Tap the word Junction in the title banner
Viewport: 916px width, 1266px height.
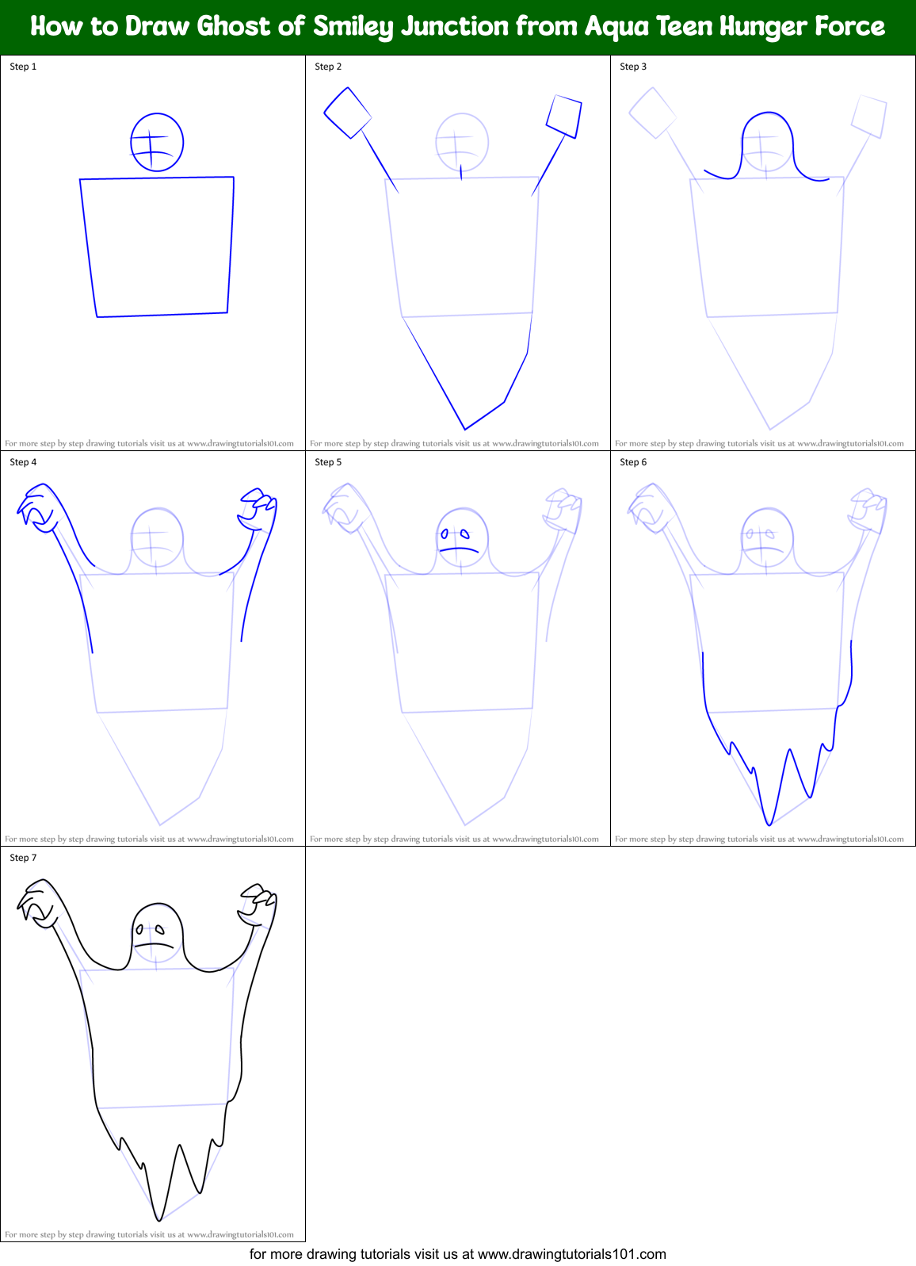tap(455, 27)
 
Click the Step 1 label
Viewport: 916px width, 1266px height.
tap(23, 67)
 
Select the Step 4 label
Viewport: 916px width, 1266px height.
tap(23, 462)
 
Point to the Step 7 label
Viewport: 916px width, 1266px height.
tap(23, 858)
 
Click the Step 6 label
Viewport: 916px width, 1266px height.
tap(633, 462)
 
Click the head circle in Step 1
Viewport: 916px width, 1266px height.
tap(157, 142)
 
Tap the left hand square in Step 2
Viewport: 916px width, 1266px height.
tap(348, 113)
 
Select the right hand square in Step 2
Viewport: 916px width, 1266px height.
tap(564, 117)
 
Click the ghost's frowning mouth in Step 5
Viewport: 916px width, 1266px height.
tap(460, 549)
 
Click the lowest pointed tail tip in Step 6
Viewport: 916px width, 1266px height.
tap(769, 824)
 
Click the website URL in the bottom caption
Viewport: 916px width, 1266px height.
tap(572, 1254)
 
